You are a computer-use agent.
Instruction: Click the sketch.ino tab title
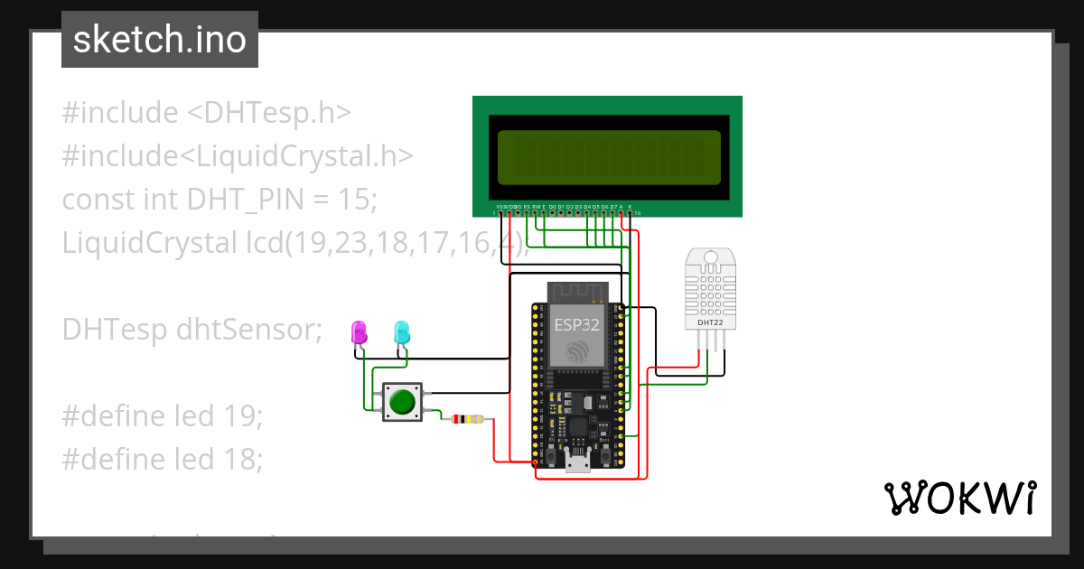coord(159,40)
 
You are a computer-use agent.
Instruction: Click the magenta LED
coord(359,331)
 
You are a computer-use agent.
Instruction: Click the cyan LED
coord(402,331)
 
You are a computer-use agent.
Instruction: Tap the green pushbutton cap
coord(402,400)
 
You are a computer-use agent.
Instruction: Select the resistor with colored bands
coord(467,419)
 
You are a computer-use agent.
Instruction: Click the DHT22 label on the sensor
coord(710,322)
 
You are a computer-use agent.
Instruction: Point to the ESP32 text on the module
coord(576,325)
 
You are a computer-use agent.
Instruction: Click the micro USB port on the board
coord(576,464)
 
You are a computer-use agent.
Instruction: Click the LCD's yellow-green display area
coord(608,155)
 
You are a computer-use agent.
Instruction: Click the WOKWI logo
coord(959,498)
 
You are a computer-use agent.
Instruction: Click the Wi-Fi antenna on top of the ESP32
coord(576,292)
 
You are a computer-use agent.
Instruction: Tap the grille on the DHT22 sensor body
coord(710,289)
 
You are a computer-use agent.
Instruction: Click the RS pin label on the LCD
coord(527,207)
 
